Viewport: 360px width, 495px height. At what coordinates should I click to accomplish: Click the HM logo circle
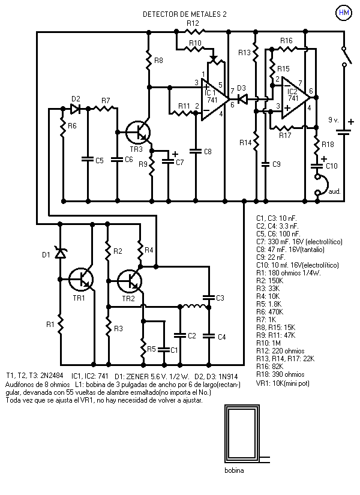[x=344, y=13]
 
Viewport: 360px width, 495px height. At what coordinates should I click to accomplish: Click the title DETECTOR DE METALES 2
[x=185, y=14]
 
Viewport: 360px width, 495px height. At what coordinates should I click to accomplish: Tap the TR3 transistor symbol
[x=139, y=133]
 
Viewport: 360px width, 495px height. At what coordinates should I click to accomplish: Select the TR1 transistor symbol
[x=82, y=280]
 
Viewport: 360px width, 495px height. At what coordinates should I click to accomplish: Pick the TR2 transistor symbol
[x=130, y=281]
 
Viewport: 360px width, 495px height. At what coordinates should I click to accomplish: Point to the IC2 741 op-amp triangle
[x=295, y=98]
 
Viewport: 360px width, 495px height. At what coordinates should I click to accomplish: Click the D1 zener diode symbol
[x=60, y=253]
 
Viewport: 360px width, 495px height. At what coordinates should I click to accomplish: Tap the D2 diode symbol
[x=76, y=109]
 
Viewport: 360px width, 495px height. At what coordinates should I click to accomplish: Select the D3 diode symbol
[x=242, y=100]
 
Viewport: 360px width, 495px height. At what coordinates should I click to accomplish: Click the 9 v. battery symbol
[x=344, y=131]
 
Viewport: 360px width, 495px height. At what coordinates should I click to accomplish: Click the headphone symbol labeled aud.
[x=321, y=185]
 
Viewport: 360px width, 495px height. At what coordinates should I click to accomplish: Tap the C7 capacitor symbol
[x=168, y=161]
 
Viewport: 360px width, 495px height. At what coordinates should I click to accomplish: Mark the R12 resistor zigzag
[x=194, y=32]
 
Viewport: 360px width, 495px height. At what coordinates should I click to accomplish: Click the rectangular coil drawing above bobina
[x=242, y=433]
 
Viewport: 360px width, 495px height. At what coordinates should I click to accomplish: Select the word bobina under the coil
[x=234, y=470]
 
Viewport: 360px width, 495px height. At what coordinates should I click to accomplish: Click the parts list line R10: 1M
[x=268, y=343]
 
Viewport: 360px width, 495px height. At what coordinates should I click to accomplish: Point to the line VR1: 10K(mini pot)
[x=283, y=383]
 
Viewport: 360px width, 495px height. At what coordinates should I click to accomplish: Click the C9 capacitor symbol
[x=265, y=164]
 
